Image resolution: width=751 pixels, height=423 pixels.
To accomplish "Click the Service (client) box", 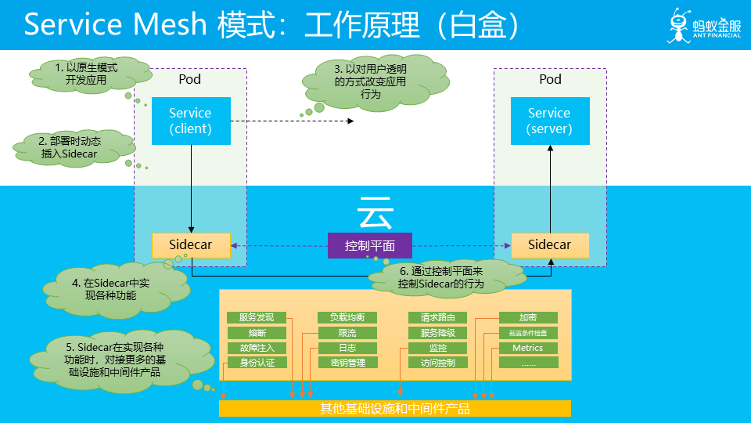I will click(191, 121).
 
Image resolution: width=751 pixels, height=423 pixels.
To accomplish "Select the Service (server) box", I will click(549, 121).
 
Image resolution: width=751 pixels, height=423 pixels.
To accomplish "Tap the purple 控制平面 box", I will click(369, 245).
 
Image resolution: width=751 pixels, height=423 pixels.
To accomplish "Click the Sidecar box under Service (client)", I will click(192, 245).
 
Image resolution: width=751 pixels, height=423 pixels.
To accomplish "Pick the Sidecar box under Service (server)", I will click(550, 245).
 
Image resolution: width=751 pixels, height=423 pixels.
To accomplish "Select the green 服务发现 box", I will click(257, 318).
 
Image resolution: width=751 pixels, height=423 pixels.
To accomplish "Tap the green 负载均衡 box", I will click(347, 318).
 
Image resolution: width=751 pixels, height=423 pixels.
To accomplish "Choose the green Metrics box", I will click(528, 348).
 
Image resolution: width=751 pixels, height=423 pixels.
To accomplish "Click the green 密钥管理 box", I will click(347, 363).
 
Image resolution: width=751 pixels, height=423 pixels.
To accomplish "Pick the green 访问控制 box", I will click(438, 363).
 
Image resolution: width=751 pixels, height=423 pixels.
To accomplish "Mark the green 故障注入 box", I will click(257, 348).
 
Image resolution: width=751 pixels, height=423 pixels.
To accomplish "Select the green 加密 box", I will click(528, 318).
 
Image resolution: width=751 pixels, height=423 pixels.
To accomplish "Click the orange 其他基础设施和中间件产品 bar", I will click(395, 409).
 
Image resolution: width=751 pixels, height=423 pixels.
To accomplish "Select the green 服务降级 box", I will click(438, 333).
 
